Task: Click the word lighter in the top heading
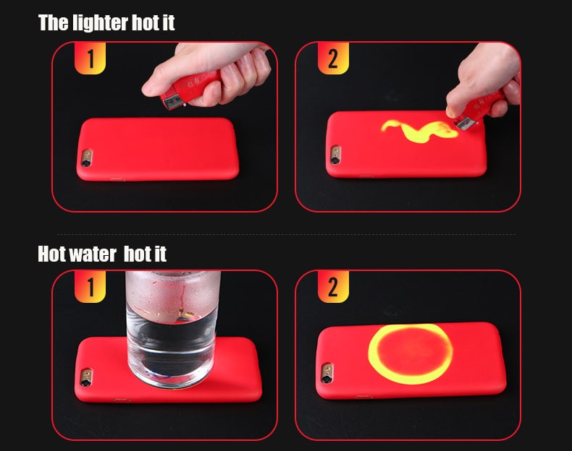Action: pos(101,23)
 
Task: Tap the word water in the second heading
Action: pos(90,254)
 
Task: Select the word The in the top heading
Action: pos(54,23)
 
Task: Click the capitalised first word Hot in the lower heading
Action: pos(52,254)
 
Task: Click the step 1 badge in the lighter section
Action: pos(90,59)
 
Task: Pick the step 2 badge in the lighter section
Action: pos(332,59)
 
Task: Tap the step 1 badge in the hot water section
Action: pos(90,287)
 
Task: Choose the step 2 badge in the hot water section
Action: pos(332,287)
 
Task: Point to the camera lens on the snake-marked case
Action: pos(335,155)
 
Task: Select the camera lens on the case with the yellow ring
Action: pos(327,374)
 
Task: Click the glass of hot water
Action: pos(172,325)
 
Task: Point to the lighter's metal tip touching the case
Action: pos(464,124)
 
